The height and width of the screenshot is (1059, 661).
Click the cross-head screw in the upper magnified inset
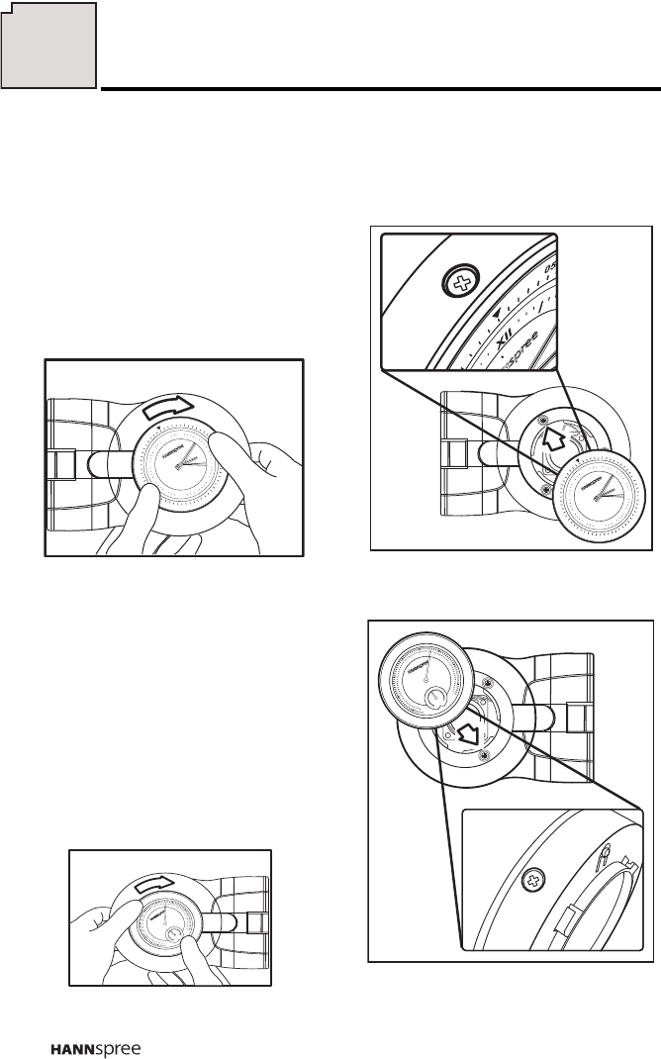(458, 285)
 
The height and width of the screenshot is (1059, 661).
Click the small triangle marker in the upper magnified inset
(496, 314)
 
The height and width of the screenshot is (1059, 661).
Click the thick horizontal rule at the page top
(381, 89)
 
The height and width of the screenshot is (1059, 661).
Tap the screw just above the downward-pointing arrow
(487, 684)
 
